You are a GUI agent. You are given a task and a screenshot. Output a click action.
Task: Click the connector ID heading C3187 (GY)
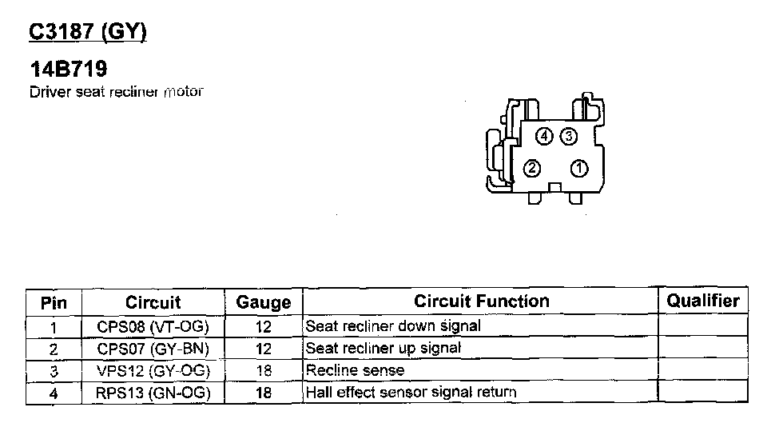click(x=88, y=32)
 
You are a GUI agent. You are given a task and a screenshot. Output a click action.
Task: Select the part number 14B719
click(x=68, y=70)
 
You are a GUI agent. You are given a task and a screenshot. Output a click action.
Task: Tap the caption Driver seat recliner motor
click(x=117, y=91)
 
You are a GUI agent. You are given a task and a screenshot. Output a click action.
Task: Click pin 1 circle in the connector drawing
click(x=579, y=168)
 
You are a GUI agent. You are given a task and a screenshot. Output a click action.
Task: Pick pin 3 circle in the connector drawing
click(x=568, y=137)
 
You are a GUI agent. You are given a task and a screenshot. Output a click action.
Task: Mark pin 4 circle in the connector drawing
click(x=544, y=137)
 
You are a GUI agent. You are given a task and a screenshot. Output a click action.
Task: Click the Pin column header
click(x=54, y=303)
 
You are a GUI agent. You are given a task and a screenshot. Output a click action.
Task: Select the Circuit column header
click(x=153, y=302)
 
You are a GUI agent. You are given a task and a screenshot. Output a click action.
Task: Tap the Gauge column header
click(x=264, y=302)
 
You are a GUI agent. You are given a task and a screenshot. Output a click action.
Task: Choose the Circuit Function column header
click(x=482, y=301)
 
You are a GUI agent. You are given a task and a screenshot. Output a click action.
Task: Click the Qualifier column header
click(x=703, y=301)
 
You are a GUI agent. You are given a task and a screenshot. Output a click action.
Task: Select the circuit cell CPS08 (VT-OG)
click(x=153, y=326)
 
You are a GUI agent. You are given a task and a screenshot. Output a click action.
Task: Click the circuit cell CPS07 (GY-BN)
click(x=153, y=349)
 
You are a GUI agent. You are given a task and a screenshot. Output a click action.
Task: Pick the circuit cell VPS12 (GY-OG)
click(x=153, y=370)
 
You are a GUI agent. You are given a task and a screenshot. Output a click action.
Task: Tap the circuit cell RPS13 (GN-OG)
click(x=153, y=392)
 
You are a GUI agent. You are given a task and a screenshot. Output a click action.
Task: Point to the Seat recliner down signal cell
click(x=393, y=325)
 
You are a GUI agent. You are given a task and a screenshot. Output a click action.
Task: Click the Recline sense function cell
click(x=356, y=370)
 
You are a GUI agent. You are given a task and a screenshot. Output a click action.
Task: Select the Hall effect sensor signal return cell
click(x=411, y=392)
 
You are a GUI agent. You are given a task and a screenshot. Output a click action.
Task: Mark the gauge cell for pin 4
click(x=264, y=393)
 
